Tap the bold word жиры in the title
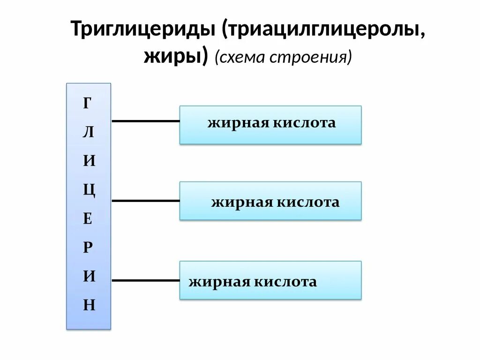pyautogui.click(x=173, y=57)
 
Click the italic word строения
pyautogui.click(x=311, y=57)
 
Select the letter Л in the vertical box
pyautogui.click(x=88, y=132)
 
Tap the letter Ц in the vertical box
pyautogui.click(x=89, y=191)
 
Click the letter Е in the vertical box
pyautogui.click(x=88, y=219)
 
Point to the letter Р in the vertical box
pyautogui.click(x=88, y=247)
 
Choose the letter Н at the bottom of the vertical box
pyautogui.click(x=89, y=306)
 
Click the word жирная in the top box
pyautogui.click(x=234, y=123)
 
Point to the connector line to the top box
pyautogui.click(x=145, y=121)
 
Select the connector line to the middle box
pyautogui.click(x=145, y=201)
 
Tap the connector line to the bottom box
pyautogui.click(x=145, y=281)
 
